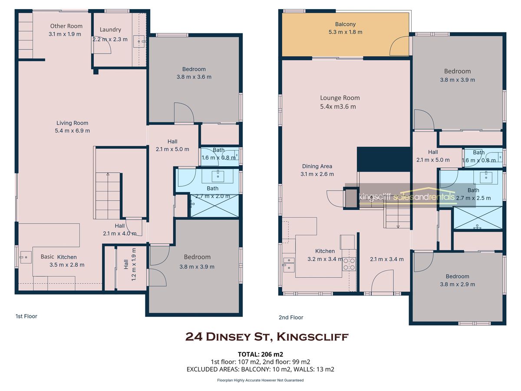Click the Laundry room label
click(x=110, y=30)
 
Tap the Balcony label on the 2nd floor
click(x=345, y=24)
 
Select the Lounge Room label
click(x=340, y=98)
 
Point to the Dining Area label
click(x=317, y=166)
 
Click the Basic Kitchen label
click(x=59, y=257)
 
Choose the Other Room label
click(x=66, y=26)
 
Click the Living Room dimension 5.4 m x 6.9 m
click(x=73, y=131)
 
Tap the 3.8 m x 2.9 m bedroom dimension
click(x=457, y=284)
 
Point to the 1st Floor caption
click(x=26, y=316)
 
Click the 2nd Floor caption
click(x=291, y=318)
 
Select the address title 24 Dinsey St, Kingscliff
click(x=267, y=337)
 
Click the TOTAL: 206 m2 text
click(x=260, y=355)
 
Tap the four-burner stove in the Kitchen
click(x=349, y=264)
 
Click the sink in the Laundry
click(x=139, y=42)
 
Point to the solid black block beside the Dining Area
click(x=383, y=159)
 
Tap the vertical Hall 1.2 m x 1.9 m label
click(x=130, y=264)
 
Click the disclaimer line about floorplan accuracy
click(x=260, y=380)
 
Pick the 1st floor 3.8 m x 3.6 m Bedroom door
click(x=184, y=113)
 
